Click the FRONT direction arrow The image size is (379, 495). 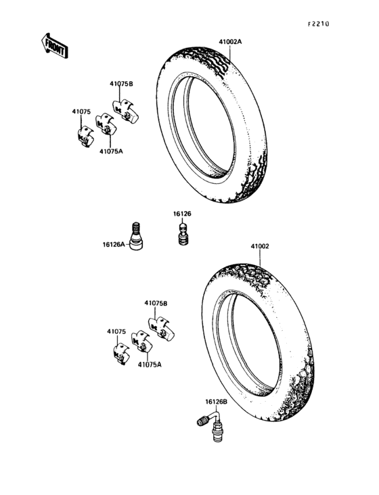pos(55,46)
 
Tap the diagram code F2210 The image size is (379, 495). pos(319,24)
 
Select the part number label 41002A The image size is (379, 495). pos(230,42)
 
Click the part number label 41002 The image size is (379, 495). pos(260,246)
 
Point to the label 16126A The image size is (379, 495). pos(114,244)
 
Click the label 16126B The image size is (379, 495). pos(217,402)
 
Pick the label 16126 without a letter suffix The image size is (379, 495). pos(182,214)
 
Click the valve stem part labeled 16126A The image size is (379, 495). pos(136,236)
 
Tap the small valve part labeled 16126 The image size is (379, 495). pos(183,234)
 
